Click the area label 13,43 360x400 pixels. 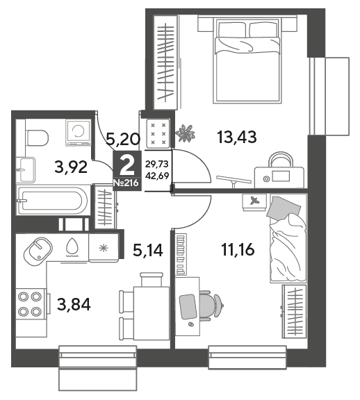tap(237, 137)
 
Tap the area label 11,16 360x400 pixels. tap(238, 249)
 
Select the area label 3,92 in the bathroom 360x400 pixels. tap(71, 167)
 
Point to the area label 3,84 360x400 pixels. tap(74, 305)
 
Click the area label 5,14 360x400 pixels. tap(148, 250)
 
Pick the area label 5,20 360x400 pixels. tap(123, 140)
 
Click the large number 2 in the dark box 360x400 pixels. tap(127, 165)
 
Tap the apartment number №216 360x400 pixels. tap(126, 183)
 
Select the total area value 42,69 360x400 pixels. tap(157, 176)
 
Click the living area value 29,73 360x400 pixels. tap(157, 164)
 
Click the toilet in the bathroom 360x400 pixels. tap(37, 137)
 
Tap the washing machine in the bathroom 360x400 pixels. tap(79, 133)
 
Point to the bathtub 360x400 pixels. tap(53, 200)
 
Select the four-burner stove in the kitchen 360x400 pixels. tap(31, 303)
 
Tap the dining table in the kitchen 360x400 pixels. tap(152, 313)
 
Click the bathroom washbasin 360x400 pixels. tap(26, 169)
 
